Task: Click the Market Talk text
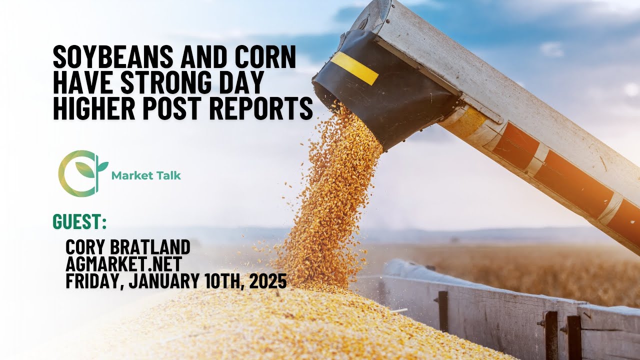click(x=146, y=175)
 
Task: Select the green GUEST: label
click(x=79, y=221)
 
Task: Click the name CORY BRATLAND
click(x=128, y=247)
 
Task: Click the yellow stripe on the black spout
click(x=354, y=68)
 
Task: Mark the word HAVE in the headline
click(x=79, y=83)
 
